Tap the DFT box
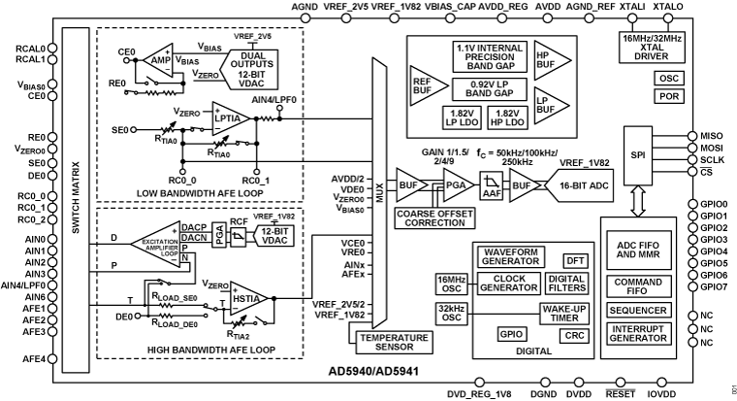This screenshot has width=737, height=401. click(x=575, y=260)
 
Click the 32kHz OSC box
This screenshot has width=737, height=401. click(x=451, y=312)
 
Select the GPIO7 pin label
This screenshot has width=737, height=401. click(x=714, y=286)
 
